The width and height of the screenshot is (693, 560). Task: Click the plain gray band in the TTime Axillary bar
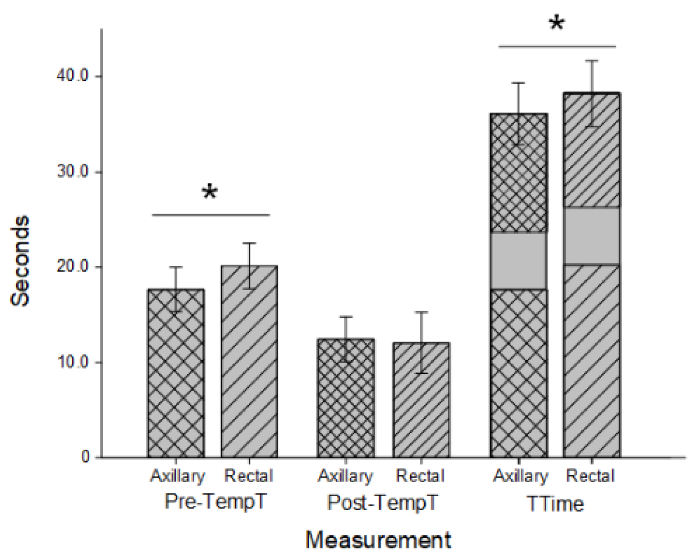click(x=518, y=261)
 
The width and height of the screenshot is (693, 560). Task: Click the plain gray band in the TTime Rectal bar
click(x=591, y=236)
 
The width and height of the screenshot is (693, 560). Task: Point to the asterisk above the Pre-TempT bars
click(x=209, y=193)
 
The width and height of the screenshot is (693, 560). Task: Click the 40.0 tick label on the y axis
click(x=72, y=76)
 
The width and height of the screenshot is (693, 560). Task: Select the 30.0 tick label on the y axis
click(x=72, y=172)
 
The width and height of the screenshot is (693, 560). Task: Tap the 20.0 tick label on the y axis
click(x=72, y=267)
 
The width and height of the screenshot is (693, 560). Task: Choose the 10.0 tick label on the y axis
click(x=72, y=362)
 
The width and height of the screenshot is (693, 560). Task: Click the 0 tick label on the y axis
click(x=86, y=457)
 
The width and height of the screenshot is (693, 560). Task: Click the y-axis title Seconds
click(x=21, y=261)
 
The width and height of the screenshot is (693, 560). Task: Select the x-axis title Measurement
click(x=378, y=540)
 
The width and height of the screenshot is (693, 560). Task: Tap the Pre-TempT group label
click(x=216, y=501)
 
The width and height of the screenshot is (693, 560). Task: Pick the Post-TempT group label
click(x=382, y=502)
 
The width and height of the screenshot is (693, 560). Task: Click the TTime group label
click(x=555, y=503)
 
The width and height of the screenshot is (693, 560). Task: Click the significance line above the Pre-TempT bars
click(x=211, y=215)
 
